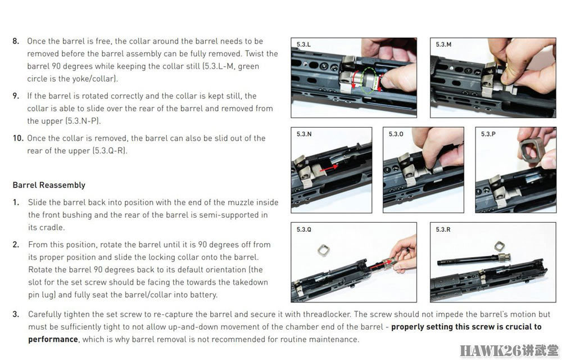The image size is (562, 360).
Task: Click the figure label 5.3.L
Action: pyautogui.click(x=303, y=44)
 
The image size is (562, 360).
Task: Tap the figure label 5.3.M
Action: pyautogui.click(x=443, y=44)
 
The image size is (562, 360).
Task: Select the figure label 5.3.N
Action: pyautogui.click(x=304, y=134)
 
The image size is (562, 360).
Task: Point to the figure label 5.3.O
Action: pyautogui.click(x=396, y=134)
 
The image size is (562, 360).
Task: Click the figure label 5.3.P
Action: pyautogui.click(x=488, y=134)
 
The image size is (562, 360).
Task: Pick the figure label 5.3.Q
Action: pyautogui.click(x=303, y=229)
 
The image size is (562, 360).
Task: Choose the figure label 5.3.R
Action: pyautogui.click(x=443, y=229)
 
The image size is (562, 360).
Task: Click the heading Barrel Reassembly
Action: pyautogui.click(x=49, y=186)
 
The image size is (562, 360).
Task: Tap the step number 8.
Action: pyautogui.click(x=16, y=41)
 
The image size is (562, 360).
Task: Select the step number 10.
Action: pyautogui.click(x=18, y=138)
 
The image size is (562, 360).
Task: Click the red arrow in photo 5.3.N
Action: pyautogui.click(x=329, y=168)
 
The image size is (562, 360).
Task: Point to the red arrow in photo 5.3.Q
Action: pyautogui.click(x=378, y=265)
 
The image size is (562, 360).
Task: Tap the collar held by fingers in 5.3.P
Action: pyautogui.click(x=531, y=150)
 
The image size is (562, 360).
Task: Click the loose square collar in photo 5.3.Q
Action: pyautogui.click(x=324, y=250)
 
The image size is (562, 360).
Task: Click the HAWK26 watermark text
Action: pyautogui.click(x=509, y=350)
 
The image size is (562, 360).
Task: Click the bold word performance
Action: pyautogui.click(x=53, y=340)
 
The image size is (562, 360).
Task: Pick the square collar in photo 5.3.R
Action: pyautogui.click(x=500, y=246)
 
